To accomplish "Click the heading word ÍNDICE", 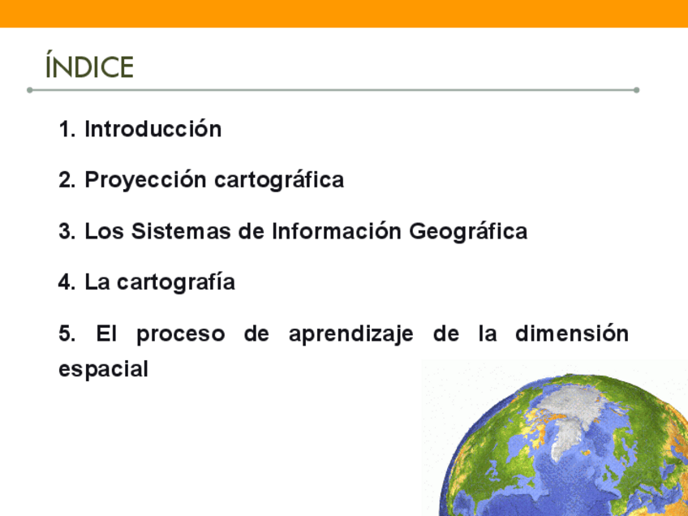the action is tap(89, 65).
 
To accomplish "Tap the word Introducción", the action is tap(153, 129).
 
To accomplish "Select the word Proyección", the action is tap(145, 180).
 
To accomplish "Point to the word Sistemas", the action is tap(181, 231).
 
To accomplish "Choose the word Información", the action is tap(337, 231).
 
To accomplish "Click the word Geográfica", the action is tap(468, 232).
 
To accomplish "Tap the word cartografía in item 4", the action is tap(176, 282).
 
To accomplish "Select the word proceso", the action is tap(181, 334).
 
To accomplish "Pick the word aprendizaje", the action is tap(351, 334).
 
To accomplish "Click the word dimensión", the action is tap(572, 333).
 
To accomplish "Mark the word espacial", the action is tap(103, 369).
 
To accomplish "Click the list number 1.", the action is tap(67, 129).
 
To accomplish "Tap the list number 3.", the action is tap(67, 231).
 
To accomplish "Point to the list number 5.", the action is tap(67, 333).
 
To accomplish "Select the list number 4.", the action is tap(67, 282).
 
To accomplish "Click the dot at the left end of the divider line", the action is tap(30, 90).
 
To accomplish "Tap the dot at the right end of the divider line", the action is tap(637, 90).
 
